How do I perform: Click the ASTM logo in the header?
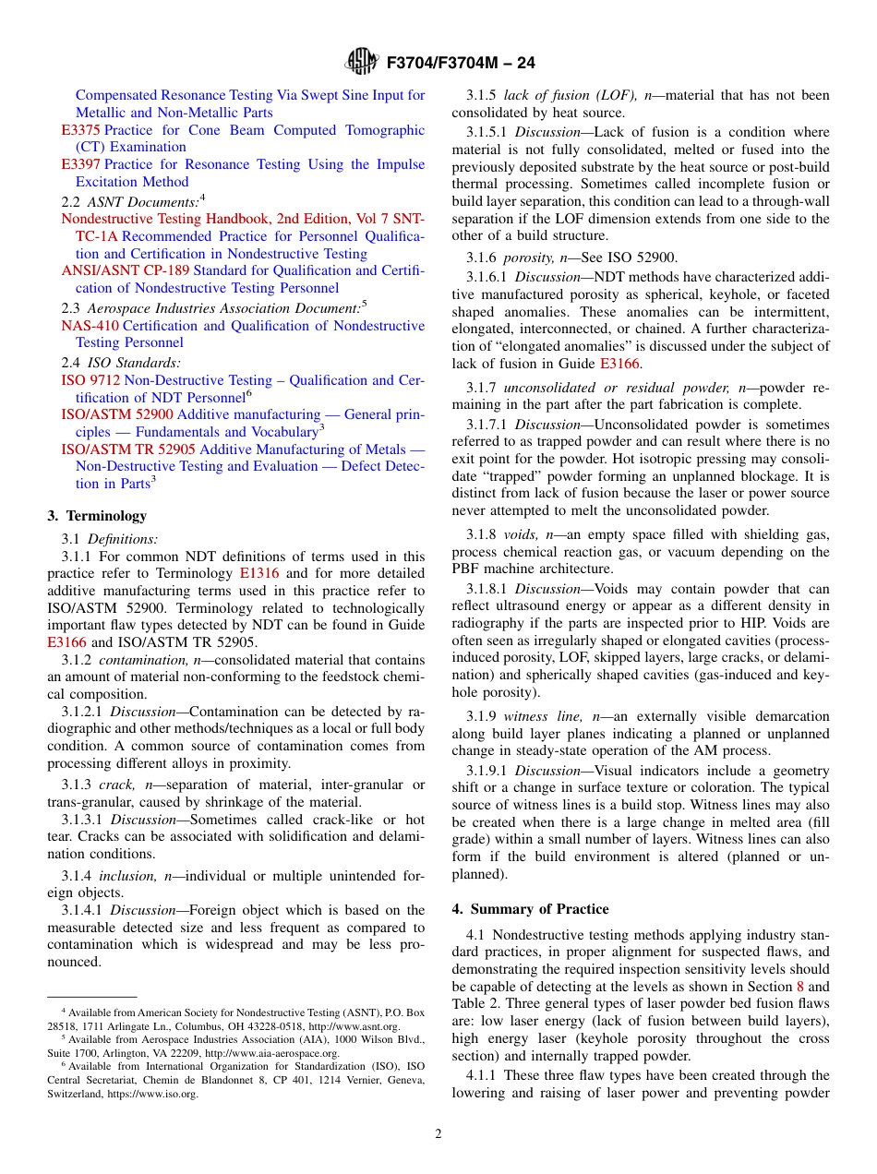(x=361, y=63)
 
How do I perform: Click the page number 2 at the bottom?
(x=438, y=1134)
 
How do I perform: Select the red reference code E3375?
(x=81, y=130)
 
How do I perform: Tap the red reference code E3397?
(x=81, y=164)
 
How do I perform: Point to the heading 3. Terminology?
(x=97, y=516)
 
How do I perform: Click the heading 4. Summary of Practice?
(x=530, y=909)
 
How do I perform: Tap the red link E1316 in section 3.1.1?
(x=258, y=573)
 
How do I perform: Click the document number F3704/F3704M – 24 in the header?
(x=461, y=63)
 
